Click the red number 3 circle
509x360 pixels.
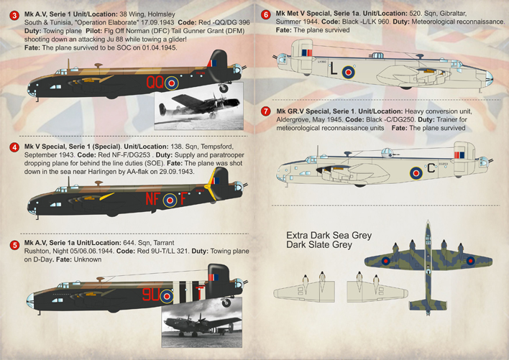14,16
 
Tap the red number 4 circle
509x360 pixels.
14,147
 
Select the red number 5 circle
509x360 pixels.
14,245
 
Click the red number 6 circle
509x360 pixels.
266,15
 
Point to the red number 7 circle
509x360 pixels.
266,111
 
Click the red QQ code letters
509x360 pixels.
155,82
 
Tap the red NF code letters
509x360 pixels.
152,199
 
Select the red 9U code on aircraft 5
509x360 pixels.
151,295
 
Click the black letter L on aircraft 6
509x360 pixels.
334,69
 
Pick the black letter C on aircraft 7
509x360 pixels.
431,168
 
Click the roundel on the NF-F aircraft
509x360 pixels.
170,200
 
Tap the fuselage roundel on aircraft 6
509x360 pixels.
348,72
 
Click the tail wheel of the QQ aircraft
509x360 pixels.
224,88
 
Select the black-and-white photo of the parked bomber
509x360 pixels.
201,323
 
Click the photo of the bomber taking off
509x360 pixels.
198,106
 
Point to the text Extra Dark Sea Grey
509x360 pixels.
329,236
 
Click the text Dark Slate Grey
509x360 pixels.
319,244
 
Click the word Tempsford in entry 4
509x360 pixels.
217,147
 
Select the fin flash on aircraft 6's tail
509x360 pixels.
307,53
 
